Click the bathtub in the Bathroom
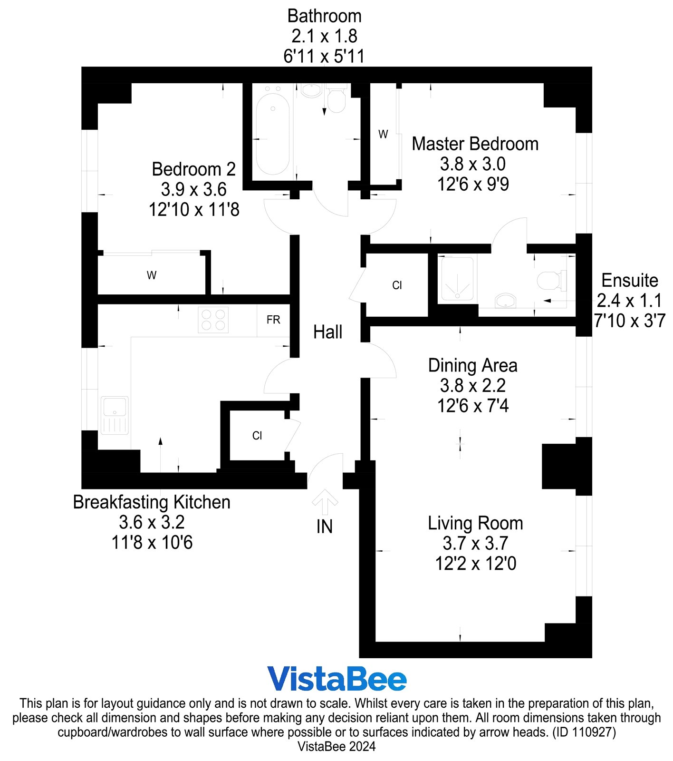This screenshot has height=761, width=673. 272,135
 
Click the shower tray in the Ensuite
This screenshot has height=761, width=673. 457,279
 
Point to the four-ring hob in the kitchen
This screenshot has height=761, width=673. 213,320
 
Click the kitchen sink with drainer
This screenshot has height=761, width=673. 115,415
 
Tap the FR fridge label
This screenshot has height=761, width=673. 273,320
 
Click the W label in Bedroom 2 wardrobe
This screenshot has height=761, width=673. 152,275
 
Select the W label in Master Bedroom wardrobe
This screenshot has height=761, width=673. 383,135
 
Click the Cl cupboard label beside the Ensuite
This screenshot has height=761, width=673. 397,285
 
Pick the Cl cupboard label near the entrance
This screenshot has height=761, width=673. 257,436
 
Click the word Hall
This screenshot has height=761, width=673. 327,332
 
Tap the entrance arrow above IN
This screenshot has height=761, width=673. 325,502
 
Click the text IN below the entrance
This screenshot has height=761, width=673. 325,527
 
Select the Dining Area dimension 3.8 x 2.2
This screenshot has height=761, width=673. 472,386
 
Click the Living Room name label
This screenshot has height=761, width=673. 475,523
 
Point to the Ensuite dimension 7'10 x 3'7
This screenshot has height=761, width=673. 629,321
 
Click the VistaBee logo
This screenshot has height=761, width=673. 336,679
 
